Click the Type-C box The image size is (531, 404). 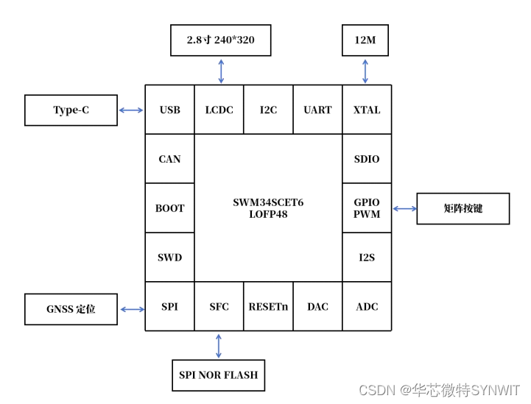pos(71,110)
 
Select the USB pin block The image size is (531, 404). pos(169,110)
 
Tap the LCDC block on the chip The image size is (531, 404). pos(219,110)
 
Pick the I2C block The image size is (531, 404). pos(268,110)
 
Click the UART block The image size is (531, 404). pos(317,110)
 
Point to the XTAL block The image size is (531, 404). pos(367,110)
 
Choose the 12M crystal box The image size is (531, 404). pos(365,40)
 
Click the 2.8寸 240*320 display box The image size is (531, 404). pos(220,40)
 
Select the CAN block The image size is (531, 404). pos(169,159)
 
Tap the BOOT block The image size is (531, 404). pos(169,208)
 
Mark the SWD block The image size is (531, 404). pos(169,258)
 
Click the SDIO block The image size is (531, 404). pos(367,159)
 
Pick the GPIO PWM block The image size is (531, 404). pos(367,208)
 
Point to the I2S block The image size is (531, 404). pos(367,258)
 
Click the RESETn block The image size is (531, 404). pos(268,307)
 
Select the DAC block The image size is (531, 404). pos(317,307)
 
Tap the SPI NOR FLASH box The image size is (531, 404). pos(218,375)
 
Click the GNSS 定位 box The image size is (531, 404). pos(71,309)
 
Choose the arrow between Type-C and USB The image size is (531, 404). pos(131,110)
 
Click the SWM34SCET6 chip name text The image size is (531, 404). pos(268,202)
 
